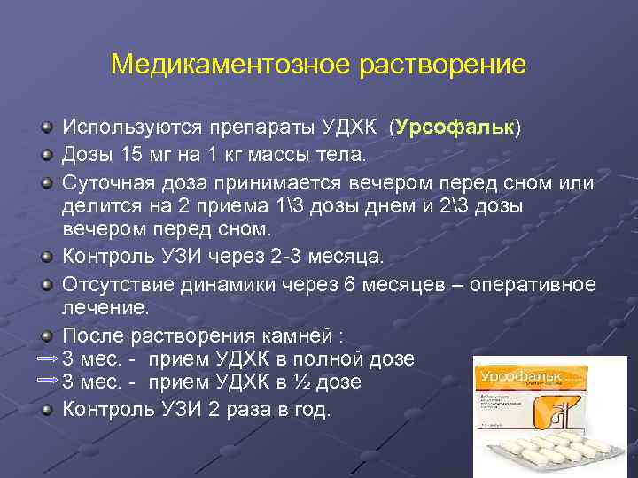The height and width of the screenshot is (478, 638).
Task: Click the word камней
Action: (298, 336)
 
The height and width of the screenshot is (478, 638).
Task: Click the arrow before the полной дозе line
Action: (48, 359)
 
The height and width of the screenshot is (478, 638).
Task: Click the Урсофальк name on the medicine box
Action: (510, 378)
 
